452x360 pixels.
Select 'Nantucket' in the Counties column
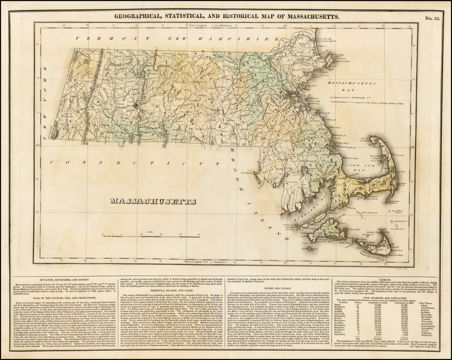click(342, 335)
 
